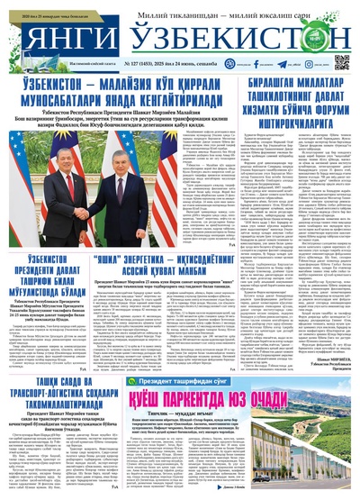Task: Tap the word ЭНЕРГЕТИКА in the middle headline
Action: (x=153, y=258)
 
